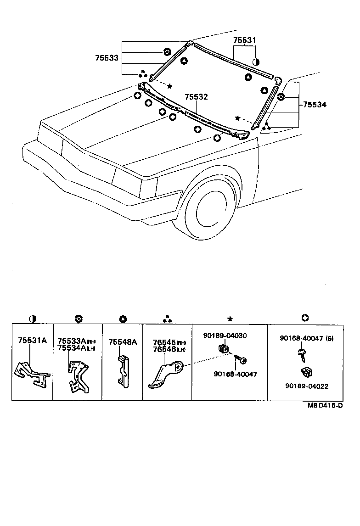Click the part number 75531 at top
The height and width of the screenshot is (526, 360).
(x=244, y=41)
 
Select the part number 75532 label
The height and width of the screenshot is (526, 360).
(x=196, y=97)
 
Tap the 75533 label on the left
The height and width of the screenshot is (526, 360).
(x=107, y=58)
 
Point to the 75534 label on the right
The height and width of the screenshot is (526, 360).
(x=315, y=105)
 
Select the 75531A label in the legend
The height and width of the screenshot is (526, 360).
(x=32, y=341)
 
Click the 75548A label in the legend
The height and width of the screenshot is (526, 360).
(x=123, y=342)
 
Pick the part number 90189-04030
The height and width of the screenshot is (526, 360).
(x=225, y=336)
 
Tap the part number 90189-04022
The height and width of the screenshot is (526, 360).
(x=307, y=386)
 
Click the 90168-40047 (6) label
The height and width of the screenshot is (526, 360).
(x=307, y=338)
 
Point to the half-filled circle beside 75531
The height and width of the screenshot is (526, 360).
(x=256, y=62)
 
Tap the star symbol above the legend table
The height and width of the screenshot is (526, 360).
(x=230, y=319)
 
